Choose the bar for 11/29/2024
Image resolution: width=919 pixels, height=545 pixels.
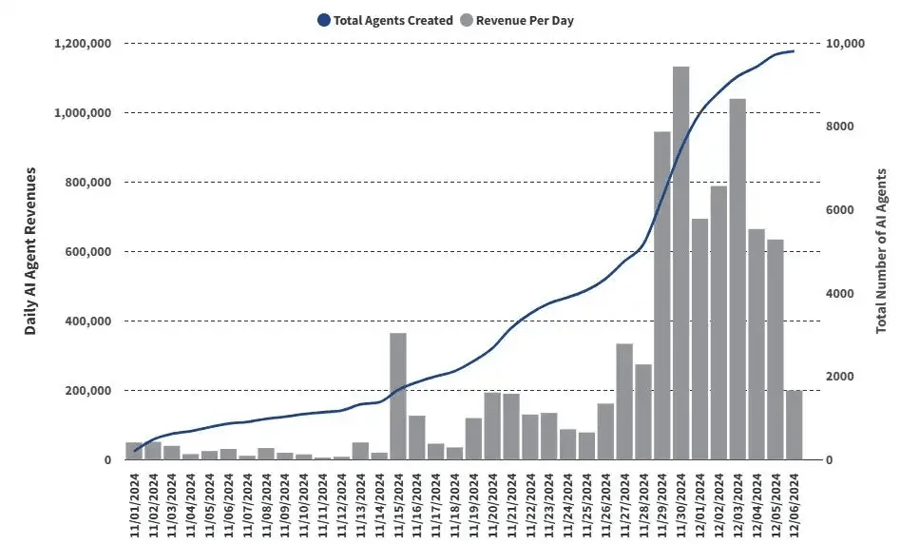662,295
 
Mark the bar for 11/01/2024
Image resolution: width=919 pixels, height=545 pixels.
134,451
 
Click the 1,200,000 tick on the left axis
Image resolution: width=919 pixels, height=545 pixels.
85,44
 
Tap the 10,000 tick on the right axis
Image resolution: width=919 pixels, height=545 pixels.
846,44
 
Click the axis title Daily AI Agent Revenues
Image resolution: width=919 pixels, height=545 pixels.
30,251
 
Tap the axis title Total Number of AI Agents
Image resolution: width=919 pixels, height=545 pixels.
881,251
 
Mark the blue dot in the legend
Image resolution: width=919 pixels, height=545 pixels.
323,20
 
